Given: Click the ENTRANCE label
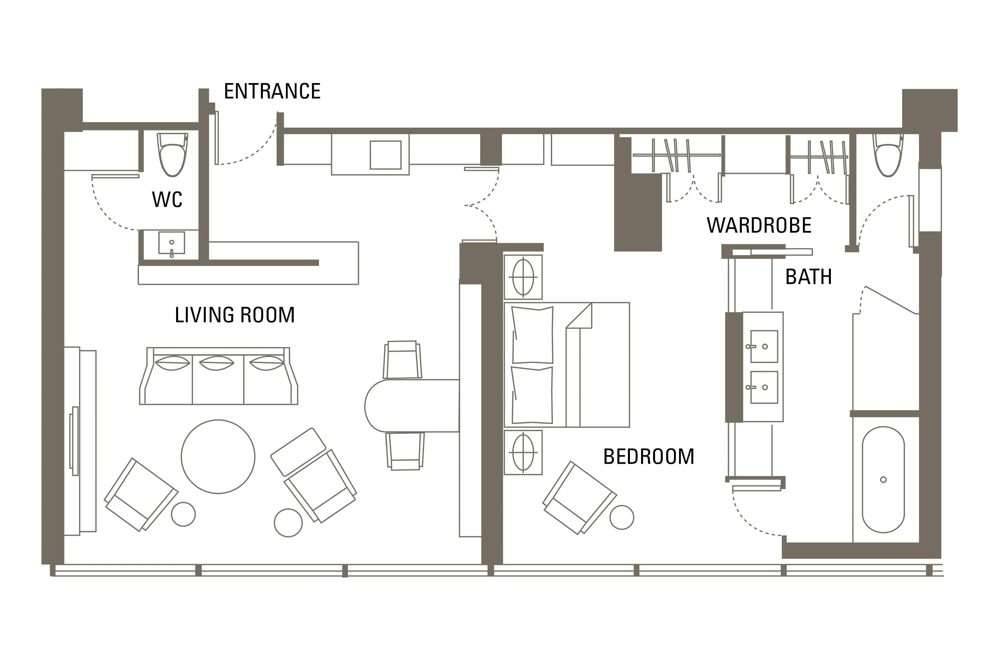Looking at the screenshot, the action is [272, 91].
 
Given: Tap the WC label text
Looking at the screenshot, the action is [167, 199].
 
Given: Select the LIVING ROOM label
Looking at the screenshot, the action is [235, 315].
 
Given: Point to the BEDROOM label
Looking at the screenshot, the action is [649, 456].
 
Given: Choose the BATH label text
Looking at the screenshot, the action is [808, 277].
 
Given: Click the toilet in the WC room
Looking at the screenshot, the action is [172, 154].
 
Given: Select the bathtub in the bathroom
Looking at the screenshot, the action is [883, 480].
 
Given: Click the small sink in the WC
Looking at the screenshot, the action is [172, 244].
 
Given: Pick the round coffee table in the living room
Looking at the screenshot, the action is [218, 456].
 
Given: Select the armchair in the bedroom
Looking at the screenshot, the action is [579, 498].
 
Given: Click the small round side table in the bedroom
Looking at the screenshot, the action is [622, 517].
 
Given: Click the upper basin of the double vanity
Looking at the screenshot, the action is [764, 346].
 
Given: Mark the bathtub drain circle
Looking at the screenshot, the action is [883, 480].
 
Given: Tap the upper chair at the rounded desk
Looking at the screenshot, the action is [402, 359].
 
